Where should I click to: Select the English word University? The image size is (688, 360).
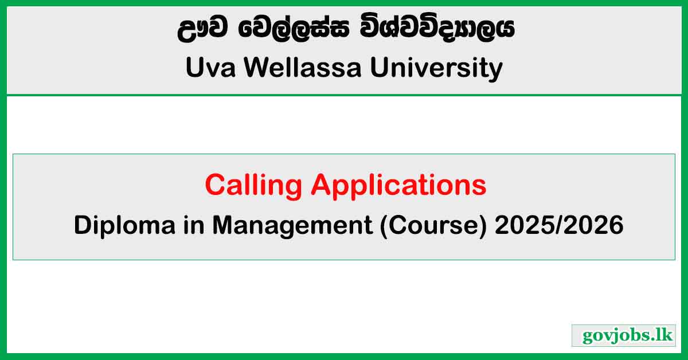[436, 68]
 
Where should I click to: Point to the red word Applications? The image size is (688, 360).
[398, 185]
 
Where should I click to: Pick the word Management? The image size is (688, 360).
[292, 226]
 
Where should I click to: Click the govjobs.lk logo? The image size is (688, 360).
[624, 335]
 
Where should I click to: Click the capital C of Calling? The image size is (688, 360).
[215, 185]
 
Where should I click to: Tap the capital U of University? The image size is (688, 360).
[379, 68]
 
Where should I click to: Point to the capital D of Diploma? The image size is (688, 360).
[81, 226]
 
